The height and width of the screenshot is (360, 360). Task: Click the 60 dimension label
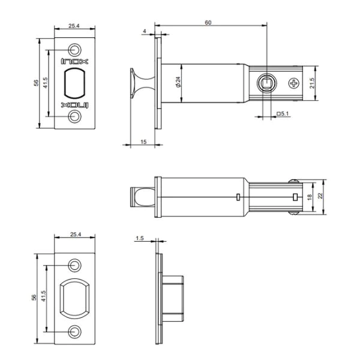tap(208, 22)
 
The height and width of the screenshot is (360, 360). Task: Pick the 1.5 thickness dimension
tap(140, 238)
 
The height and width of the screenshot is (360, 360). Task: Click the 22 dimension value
tap(321, 196)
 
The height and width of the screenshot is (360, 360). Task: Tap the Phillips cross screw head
tap(294, 83)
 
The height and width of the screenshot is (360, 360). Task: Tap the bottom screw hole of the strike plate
tap(76, 330)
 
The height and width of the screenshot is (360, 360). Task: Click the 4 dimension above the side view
tap(145, 31)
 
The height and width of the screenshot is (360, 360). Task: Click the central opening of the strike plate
tap(76, 297)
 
